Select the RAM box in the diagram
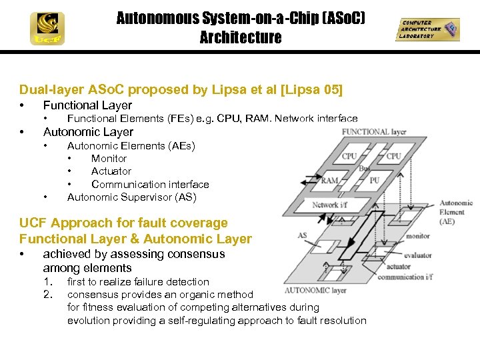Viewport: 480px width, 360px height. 330,181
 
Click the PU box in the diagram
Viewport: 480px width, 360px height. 375,180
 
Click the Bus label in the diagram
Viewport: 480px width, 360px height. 364,169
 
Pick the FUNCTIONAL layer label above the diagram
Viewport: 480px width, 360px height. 374,132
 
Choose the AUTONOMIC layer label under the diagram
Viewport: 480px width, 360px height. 316,291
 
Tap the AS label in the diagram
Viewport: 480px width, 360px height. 302,235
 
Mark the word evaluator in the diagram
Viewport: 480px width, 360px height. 419,255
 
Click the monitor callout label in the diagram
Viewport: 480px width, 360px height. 418,235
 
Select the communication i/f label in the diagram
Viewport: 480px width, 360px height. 405,277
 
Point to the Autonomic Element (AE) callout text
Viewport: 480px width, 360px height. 456,212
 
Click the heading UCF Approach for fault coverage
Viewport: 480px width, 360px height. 123,223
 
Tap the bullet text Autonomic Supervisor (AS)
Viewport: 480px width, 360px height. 131,197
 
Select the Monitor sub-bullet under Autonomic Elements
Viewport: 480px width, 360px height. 109,159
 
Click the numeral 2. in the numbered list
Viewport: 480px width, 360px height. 47,294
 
